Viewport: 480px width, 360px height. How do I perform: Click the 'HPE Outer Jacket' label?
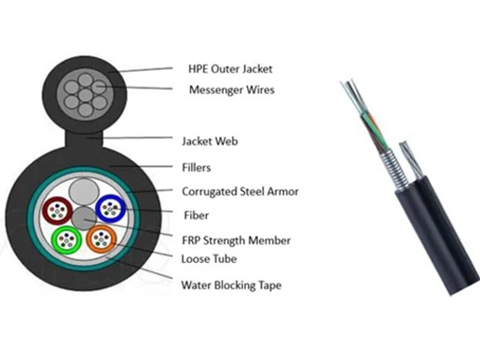pos(230,69)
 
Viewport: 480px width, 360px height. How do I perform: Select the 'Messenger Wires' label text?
pos(232,90)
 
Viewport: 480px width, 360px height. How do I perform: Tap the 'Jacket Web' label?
pos(210,141)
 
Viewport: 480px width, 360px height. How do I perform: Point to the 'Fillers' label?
pos(196,168)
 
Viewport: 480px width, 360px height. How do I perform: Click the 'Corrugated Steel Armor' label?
pos(240,191)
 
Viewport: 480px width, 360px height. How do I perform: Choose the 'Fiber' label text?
pos(196,215)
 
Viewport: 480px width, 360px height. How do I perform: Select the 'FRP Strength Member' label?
pos(236,241)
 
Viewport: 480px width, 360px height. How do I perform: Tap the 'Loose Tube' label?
pos(209,258)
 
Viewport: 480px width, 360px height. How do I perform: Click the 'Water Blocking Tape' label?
pos(231,285)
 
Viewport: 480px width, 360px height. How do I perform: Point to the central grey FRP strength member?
pos(84,218)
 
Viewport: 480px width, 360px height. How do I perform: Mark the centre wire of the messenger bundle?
pos(86,95)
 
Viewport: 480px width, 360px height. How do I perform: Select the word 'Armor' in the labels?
pos(282,191)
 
